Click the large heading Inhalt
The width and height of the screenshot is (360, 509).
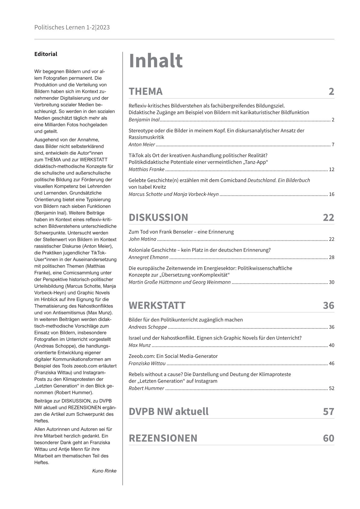(x=155, y=61)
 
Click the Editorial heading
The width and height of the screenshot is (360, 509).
(x=46, y=54)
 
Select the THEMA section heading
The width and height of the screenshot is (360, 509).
(x=146, y=91)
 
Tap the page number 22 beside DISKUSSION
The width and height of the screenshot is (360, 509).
(x=328, y=217)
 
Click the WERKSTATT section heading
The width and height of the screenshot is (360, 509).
(x=157, y=305)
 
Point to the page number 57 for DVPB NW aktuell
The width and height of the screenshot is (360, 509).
(x=328, y=412)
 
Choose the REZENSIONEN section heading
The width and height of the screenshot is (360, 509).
(x=163, y=438)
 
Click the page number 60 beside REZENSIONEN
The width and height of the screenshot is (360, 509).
(x=328, y=438)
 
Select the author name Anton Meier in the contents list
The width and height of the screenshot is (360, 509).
(x=142, y=145)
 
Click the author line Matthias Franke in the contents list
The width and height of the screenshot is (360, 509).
(x=146, y=169)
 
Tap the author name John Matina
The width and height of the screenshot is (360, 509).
(x=142, y=239)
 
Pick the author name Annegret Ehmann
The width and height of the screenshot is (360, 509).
(x=148, y=257)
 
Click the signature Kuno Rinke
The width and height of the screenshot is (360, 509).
(x=104, y=471)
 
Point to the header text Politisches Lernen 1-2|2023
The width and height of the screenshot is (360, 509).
(x=72, y=28)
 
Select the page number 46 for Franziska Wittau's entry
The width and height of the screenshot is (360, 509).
(x=331, y=364)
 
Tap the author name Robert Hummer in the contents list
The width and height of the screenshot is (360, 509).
(x=146, y=388)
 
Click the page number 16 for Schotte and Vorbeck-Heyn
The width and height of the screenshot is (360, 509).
(x=331, y=194)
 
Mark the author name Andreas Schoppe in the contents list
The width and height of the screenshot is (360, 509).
(x=148, y=327)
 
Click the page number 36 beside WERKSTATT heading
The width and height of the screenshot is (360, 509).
(x=328, y=305)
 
